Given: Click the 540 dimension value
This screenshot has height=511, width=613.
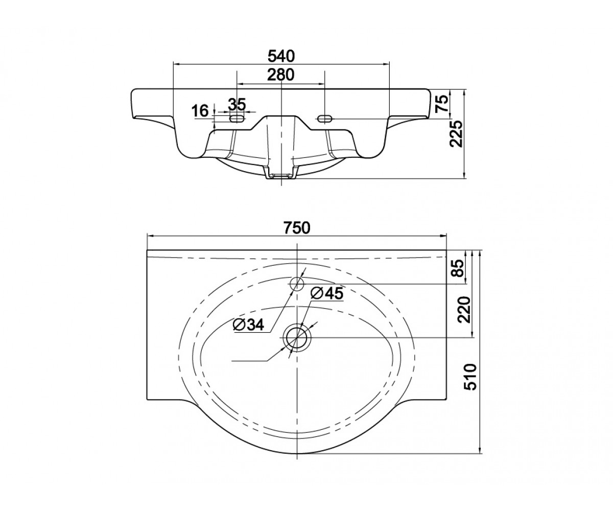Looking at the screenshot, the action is point(281,56).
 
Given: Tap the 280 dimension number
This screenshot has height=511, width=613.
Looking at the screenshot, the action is point(280,75).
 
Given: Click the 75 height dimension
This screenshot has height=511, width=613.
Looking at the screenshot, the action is point(442,103).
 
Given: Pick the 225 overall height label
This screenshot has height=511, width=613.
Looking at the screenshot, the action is point(457,133).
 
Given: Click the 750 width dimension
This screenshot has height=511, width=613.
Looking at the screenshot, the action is point(296,227).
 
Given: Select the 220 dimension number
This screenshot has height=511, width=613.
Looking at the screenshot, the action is point(464,310).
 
